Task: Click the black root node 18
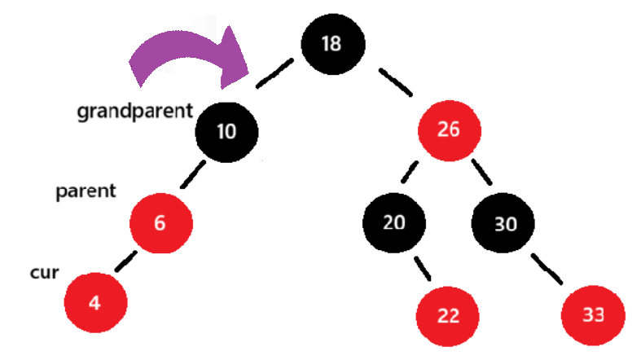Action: click(x=331, y=44)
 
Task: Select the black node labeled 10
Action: click(x=226, y=131)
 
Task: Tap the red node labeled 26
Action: click(x=448, y=130)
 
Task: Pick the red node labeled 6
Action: click(x=160, y=222)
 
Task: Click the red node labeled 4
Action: click(x=94, y=302)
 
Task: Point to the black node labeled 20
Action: click(x=394, y=222)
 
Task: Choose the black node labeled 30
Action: click(x=505, y=224)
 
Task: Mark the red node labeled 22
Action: click(x=448, y=314)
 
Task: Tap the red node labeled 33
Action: click(x=593, y=314)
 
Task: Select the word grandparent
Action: click(x=135, y=112)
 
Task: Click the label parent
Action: click(x=86, y=192)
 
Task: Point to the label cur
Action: click(x=44, y=273)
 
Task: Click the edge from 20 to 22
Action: click(x=421, y=269)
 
